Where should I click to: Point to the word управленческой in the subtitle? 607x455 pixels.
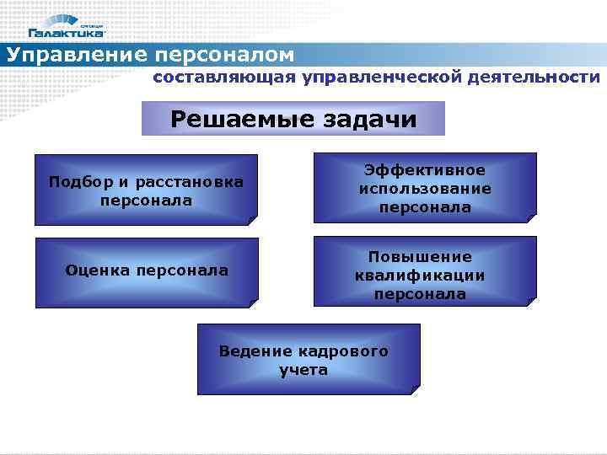pos(380,78)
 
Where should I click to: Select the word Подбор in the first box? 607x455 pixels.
pos(74,182)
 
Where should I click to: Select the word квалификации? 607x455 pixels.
pos(419,276)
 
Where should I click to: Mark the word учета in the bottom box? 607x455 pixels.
pos(303,370)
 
